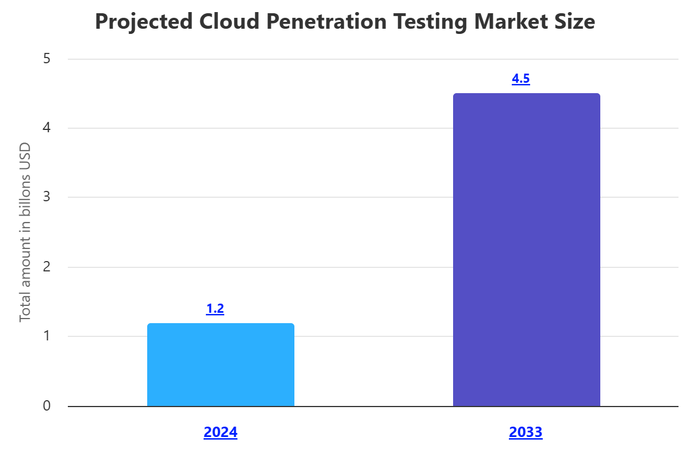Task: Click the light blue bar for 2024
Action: [221, 365]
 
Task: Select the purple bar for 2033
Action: [526, 250]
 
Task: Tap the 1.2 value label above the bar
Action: [215, 309]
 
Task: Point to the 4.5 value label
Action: [520, 79]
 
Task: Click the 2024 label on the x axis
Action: [220, 432]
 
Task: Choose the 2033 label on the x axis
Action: [526, 432]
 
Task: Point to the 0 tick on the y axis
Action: [47, 406]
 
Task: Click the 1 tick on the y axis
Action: [47, 336]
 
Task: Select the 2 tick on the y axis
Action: [47, 267]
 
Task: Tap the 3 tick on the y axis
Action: [47, 197]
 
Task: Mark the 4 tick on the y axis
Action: [47, 128]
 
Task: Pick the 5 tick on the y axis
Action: [47, 59]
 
